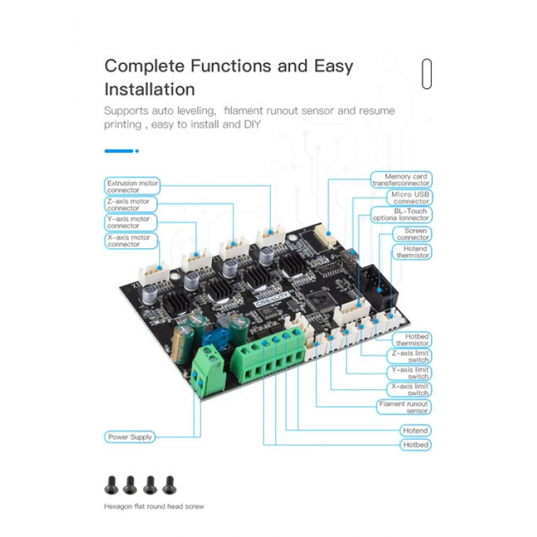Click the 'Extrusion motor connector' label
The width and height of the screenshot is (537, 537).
[x=132, y=186]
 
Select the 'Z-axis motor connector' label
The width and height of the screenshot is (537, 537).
[x=130, y=205]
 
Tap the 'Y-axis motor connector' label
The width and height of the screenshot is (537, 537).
[x=130, y=222]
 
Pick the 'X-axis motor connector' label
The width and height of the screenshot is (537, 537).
[x=131, y=241]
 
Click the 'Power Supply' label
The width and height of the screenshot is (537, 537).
[x=130, y=437]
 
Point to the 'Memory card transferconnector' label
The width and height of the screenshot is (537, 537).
[x=401, y=180]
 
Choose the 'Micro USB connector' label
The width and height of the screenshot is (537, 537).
[x=410, y=198]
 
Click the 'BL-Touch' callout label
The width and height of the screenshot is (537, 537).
[x=401, y=215]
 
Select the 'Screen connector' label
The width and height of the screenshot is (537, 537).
[x=412, y=234]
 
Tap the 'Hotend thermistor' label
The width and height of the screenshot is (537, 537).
[x=412, y=252]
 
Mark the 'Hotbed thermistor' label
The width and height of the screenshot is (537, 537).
[x=412, y=339]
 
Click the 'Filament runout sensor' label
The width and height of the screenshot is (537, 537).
[x=404, y=407]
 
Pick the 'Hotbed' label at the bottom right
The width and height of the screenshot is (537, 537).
[x=415, y=445]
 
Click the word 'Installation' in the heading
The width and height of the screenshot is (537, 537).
[x=150, y=89]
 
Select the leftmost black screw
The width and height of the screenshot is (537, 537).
[x=111, y=485]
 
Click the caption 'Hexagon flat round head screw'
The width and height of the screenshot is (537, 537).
[x=154, y=506]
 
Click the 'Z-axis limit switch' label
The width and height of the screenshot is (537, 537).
[x=410, y=356]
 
